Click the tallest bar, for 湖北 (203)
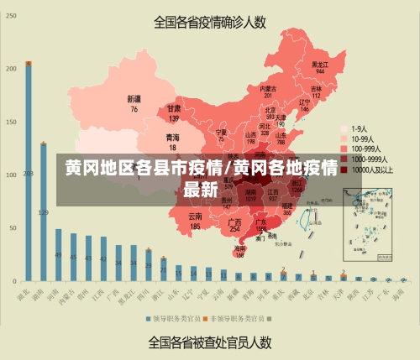pyautogui.click(x=29, y=172)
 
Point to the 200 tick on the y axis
pyautogui.click(x=12, y=68)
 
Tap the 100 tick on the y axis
pyautogui.click(x=12, y=175)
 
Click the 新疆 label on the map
pyautogui.click(x=134, y=103)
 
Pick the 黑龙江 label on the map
pyautogui.click(x=319, y=65)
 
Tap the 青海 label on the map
pyautogui.click(x=171, y=140)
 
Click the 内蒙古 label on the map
pyautogui.click(x=268, y=91)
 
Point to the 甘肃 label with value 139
pyautogui.click(x=174, y=112)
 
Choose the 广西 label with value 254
pyautogui.click(x=235, y=224)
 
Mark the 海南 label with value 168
pyautogui.click(x=240, y=251)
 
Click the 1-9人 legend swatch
pyautogui.click(x=344, y=128)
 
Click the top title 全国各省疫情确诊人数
pyautogui.click(x=210, y=23)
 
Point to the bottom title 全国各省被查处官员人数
pyautogui.click(x=210, y=342)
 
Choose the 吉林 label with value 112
pyautogui.click(x=317, y=91)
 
